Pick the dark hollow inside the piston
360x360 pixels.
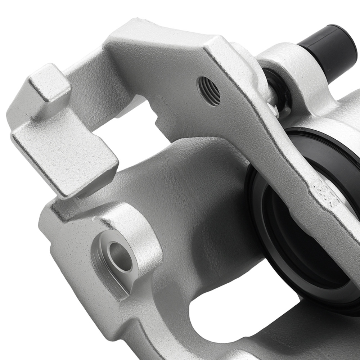coord(306,230)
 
